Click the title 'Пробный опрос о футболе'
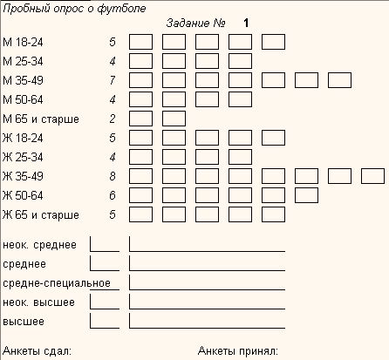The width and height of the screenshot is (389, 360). [x=74, y=9]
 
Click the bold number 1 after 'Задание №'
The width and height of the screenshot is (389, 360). [x=246, y=24]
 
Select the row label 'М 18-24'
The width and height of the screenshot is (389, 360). [x=23, y=42]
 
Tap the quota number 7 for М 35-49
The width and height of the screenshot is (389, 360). [x=113, y=80]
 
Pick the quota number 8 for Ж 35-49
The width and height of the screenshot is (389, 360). [x=113, y=176]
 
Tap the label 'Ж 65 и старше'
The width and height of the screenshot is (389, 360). [x=41, y=215]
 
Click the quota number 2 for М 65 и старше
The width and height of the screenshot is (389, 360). [x=113, y=119]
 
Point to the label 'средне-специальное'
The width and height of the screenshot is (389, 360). [x=57, y=283]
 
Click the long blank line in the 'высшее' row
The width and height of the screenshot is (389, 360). [x=207, y=328]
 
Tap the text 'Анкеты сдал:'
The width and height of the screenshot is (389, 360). [x=37, y=351]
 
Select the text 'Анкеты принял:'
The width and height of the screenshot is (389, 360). [x=238, y=351]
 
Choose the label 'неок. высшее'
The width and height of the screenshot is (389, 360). [x=38, y=302]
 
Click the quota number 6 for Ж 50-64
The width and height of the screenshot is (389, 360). [x=113, y=195]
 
